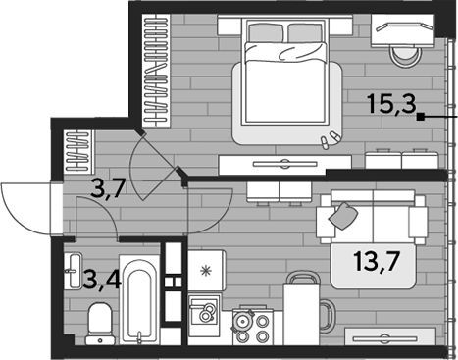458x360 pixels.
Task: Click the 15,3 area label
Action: coord(392,104)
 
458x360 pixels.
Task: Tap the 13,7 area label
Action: coord(376,262)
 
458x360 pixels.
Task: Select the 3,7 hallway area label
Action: coord(108,189)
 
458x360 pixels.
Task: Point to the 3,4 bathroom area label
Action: coord(102,280)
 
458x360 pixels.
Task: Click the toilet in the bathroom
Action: coord(100,324)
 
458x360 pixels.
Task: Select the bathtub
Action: coord(139,300)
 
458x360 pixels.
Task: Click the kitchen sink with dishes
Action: coord(203,311)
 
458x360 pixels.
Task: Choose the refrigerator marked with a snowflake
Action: coord(207,271)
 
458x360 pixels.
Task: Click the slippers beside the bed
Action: coord(330,139)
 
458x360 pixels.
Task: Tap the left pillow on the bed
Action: coord(266,32)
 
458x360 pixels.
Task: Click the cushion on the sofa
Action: coord(343,216)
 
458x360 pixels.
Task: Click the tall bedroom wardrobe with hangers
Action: coord(156,70)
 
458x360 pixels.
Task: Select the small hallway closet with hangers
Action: coord(78,151)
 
